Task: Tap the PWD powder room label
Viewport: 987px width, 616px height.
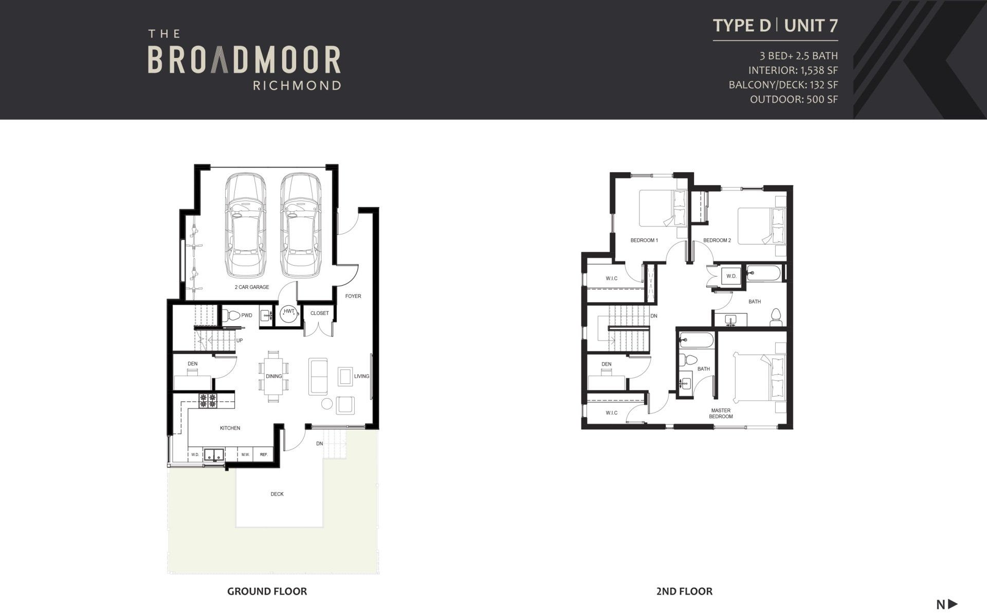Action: (x=247, y=315)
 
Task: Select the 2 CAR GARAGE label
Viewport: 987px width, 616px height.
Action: (x=252, y=287)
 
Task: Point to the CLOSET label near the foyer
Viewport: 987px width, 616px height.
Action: (x=319, y=313)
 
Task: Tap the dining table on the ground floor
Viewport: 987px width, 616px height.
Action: (x=273, y=377)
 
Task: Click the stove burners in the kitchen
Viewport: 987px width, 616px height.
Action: (x=208, y=401)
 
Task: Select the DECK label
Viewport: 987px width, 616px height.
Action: (x=277, y=494)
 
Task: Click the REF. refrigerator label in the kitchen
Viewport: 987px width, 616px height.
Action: (x=264, y=455)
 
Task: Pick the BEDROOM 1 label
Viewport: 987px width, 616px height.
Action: (x=644, y=240)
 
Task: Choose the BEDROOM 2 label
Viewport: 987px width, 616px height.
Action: (x=717, y=240)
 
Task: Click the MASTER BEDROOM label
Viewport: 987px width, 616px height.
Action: (x=721, y=414)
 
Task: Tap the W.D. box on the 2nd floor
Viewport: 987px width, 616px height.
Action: (x=731, y=276)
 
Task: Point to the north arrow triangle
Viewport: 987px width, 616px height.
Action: (x=953, y=604)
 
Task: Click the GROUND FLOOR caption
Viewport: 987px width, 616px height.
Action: (x=267, y=591)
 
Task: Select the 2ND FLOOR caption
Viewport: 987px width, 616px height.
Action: (x=684, y=591)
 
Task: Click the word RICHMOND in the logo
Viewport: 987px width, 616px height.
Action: (x=297, y=85)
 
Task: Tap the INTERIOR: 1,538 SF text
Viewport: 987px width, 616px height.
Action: (x=793, y=70)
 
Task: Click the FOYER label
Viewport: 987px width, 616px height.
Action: (x=353, y=296)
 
